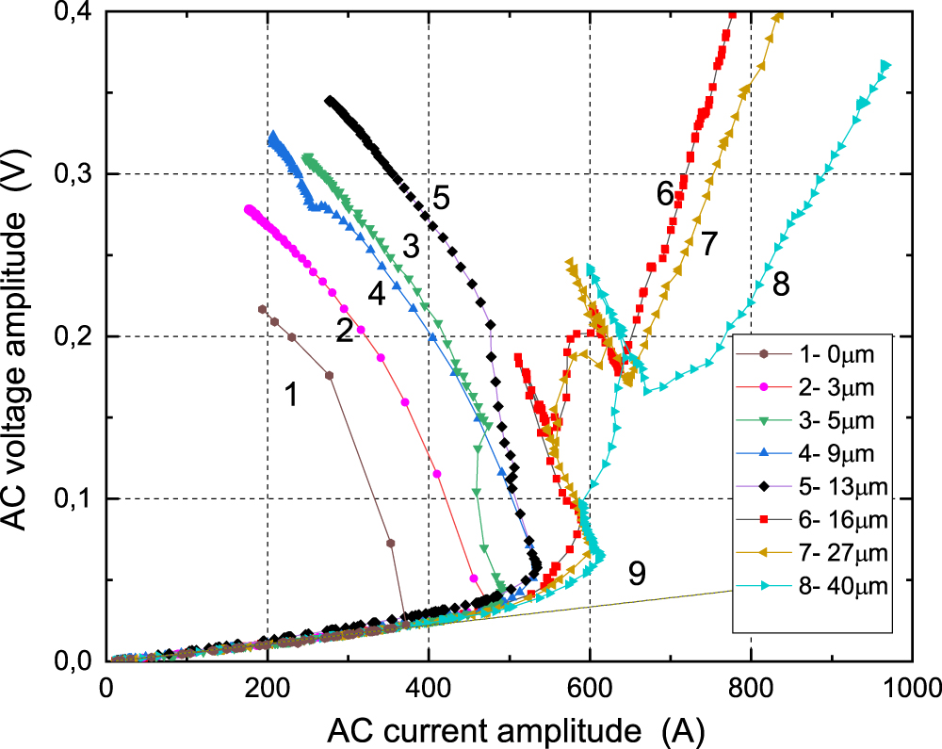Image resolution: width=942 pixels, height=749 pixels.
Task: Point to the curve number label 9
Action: [637, 575]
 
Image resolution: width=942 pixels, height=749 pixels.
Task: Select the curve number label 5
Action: [440, 199]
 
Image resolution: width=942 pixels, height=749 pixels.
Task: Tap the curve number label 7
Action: [709, 244]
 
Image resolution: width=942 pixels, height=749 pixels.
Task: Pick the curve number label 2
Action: [345, 330]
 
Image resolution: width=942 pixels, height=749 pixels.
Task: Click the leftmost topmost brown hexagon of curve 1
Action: [262, 309]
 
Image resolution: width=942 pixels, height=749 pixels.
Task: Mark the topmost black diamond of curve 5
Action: [330, 101]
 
